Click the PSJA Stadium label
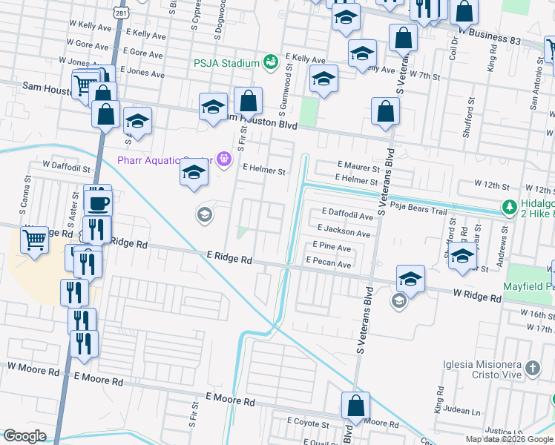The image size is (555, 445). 226,63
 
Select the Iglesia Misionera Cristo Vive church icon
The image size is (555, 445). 532,369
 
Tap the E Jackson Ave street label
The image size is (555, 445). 344,233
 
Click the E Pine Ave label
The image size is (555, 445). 332,247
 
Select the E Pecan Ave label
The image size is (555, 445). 329,264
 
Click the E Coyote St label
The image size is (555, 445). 312,421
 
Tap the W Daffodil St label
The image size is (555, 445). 66,168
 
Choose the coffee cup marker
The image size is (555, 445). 99,201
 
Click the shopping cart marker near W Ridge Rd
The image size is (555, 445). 34,240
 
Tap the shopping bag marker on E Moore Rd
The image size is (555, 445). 355,406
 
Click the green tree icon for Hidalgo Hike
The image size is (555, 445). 509,207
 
